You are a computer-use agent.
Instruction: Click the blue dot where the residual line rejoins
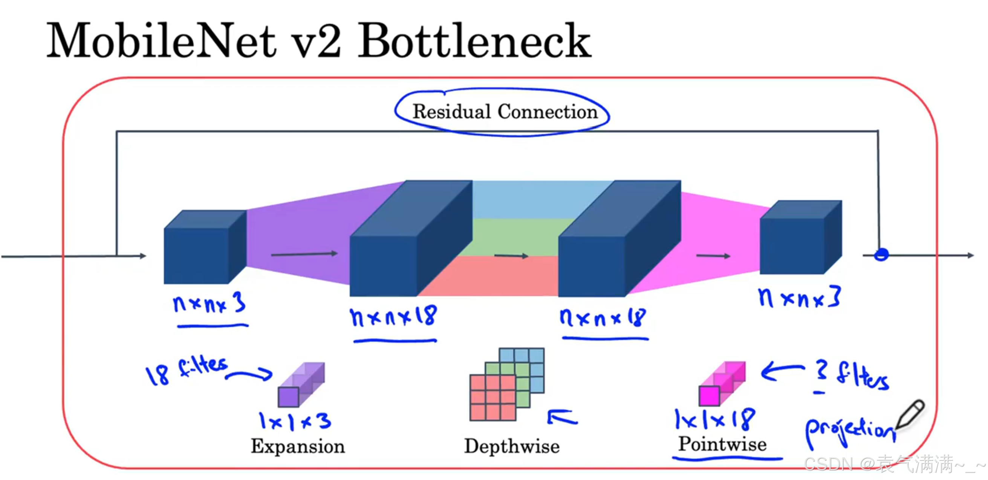pos(881,255)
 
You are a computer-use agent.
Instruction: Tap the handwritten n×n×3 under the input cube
pos(209,303)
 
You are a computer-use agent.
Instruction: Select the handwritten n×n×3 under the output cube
pos(800,298)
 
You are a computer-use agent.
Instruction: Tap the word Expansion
pos(298,446)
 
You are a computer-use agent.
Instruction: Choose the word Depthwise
pos(512,446)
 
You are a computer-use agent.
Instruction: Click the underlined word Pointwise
pos(723,444)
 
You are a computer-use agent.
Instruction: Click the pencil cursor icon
pos(911,414)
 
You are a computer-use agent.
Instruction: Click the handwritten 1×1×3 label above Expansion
pos(295,421)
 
